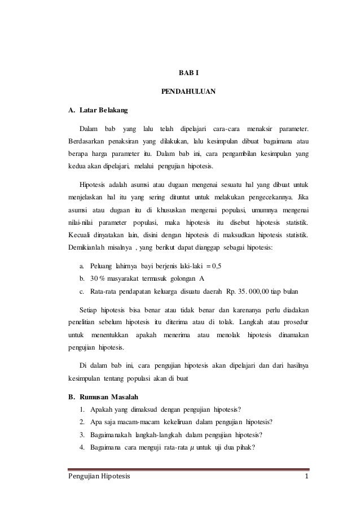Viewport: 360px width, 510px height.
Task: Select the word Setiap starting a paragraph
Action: (90, 311)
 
